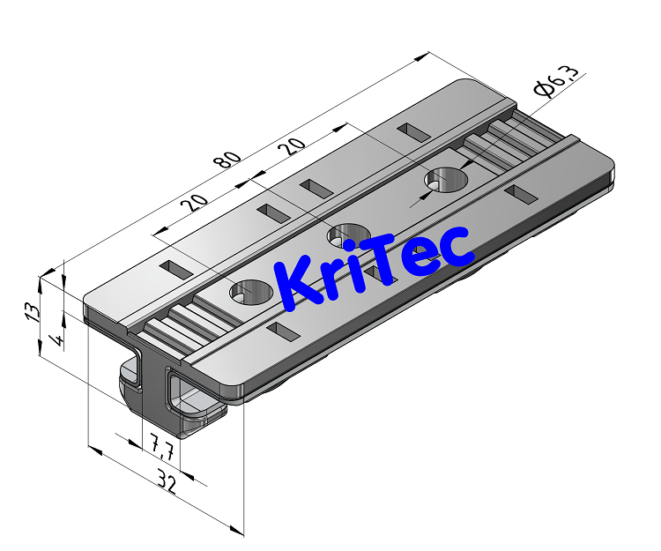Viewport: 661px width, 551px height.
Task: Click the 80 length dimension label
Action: click(227, 160)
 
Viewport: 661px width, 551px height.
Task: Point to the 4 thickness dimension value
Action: click(57, 339)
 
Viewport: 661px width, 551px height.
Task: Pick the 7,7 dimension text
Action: click(160, 449)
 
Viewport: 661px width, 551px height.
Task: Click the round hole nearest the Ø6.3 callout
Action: click(446, 179)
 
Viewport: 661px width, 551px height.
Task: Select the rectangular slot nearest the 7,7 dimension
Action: click(284, 333)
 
